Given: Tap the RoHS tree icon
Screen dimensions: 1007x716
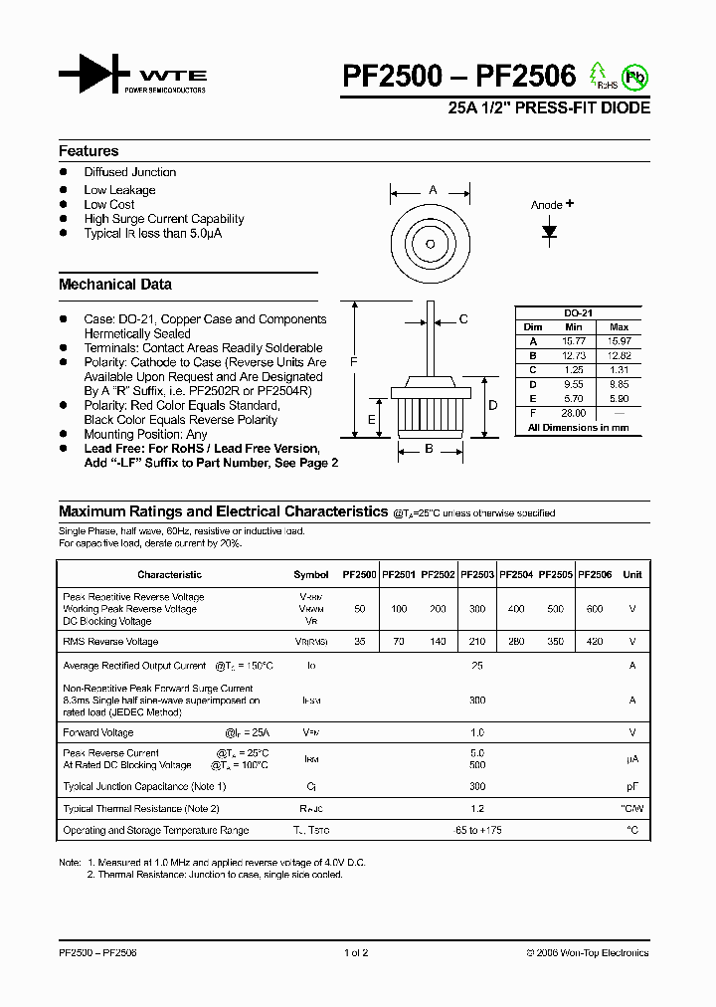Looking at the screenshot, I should coord(599,75).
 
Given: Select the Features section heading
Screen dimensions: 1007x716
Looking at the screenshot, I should coord(89,151).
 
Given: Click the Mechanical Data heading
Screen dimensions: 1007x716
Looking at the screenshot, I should coord(115,285).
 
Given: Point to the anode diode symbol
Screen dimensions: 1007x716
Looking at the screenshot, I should coord(549,231).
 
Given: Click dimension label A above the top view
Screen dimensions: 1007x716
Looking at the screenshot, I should coord(432,190).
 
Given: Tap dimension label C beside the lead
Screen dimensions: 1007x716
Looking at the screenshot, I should coord(463,318).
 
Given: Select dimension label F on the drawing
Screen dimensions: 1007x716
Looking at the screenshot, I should coord(353,363).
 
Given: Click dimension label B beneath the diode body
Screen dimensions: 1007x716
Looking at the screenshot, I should coord(429,450).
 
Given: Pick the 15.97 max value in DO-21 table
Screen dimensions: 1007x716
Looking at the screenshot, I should coord(619,341).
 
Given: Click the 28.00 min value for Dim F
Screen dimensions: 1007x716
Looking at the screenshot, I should coord(574,413).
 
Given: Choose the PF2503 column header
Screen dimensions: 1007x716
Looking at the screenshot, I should coord(476,574).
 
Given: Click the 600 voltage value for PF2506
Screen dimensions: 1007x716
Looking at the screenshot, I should coord(595,609).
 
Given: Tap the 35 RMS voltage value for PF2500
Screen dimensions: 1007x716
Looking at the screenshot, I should coord(359,642).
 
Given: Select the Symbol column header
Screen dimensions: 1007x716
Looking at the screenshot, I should coord(311,574).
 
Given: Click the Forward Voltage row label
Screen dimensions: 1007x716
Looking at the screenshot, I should coord(97,731).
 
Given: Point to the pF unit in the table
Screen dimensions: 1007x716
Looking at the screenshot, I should coord(631,786).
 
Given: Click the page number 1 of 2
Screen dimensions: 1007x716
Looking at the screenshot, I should coord(356,952).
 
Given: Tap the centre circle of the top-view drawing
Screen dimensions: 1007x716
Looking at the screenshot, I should coord(431,244).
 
